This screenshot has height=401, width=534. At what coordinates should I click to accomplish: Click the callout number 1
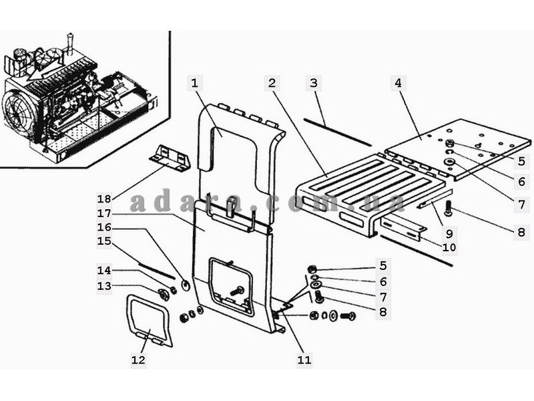point(195,84)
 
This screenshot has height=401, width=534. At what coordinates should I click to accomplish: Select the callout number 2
point(272,84)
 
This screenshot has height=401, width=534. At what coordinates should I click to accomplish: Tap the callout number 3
point(314,84)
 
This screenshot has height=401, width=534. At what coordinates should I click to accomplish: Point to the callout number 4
point(398,84)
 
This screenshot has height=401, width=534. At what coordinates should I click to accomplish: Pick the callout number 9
point(449,234)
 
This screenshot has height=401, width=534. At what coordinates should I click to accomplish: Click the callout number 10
point(449,247)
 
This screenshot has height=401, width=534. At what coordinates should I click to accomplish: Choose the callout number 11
point(304,360)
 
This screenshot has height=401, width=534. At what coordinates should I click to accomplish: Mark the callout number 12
point(138,360)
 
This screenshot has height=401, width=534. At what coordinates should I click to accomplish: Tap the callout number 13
point(104,286)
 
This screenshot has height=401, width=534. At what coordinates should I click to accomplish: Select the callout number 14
point(104,270)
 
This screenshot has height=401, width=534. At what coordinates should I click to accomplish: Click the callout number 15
point(104,241)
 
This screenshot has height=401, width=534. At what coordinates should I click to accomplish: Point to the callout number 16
point(104,227)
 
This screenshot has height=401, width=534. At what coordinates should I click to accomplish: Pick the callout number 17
point(104,213)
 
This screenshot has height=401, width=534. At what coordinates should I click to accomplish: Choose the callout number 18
point(104,198)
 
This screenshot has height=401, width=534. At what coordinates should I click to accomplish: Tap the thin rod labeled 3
point(337,131)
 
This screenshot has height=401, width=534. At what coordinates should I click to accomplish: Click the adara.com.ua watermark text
point(267,202)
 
